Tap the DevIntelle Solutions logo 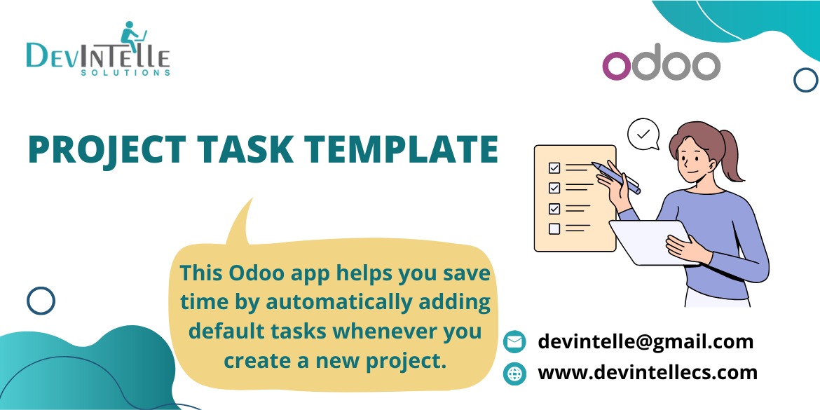(x=98, y=49)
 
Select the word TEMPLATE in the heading (x=402, y=149)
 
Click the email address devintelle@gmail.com (x=645, y=341)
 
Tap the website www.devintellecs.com (x=648, y=372)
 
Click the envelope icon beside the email (x=514, y=342)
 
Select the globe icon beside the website (x=514, y=374)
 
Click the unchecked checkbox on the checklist (x=554, y=228)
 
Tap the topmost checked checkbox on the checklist (x=554, y=168)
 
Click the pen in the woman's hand (x=616, y=177)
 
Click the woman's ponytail (x=730, y=154)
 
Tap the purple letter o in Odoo (x=617, y=66)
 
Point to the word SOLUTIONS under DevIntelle (x=125, y=73)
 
